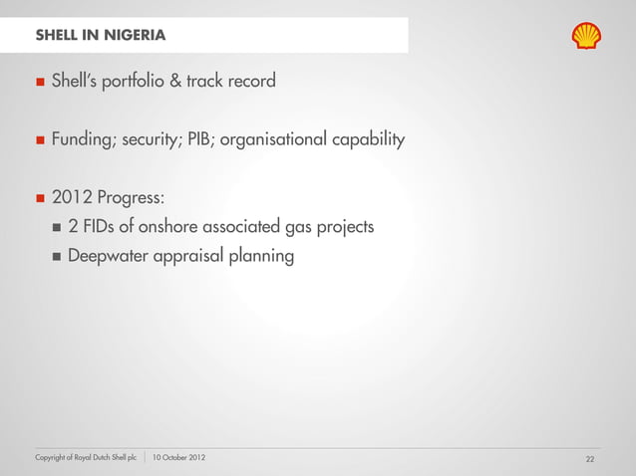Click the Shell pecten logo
pyautogui.click(x=586, y=36)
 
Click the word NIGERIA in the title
pyautogui.click(x=132, y=37)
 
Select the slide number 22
pyautogui.click(x=590, y=458)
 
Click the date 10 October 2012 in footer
pyautogui.click(x=181, y=457)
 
